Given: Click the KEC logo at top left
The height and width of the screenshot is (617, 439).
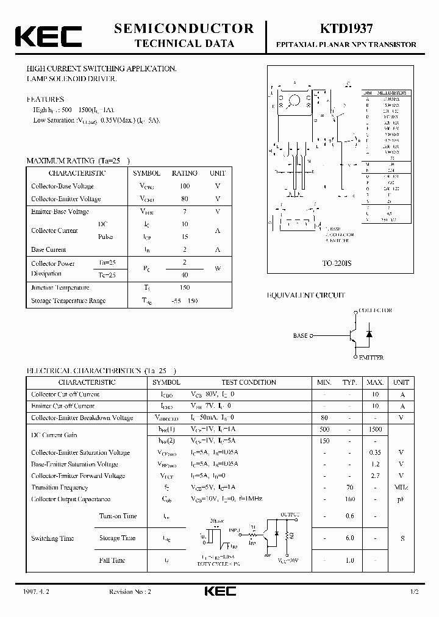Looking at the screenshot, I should (48, 36).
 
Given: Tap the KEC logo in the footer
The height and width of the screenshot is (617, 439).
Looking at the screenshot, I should (219, 591).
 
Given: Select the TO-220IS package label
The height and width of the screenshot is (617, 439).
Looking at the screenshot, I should (333, 264).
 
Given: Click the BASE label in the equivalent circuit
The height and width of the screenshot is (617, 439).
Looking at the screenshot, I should (301, 335).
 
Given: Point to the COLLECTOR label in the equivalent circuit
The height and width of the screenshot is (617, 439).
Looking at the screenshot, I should (374, 310).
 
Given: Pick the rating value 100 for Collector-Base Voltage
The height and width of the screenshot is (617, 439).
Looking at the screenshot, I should (184, 186).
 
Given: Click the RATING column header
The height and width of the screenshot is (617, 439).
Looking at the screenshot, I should (184, 173).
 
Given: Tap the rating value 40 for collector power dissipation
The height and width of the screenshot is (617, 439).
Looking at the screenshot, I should (184, 274).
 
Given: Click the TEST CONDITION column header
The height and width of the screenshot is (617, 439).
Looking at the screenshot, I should (248, 382).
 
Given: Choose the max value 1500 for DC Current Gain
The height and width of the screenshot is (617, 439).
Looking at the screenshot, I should (375, 430).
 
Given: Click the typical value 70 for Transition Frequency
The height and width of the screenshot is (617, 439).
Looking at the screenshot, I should (349, 487).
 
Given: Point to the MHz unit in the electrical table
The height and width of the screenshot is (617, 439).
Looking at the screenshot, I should (401, 487).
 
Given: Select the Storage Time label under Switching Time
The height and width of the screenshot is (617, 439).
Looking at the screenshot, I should (118, 538).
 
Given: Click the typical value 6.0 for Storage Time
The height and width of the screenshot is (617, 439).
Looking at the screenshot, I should (349, 538).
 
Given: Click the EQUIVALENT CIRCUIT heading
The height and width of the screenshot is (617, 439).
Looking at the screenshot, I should (306, 295).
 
